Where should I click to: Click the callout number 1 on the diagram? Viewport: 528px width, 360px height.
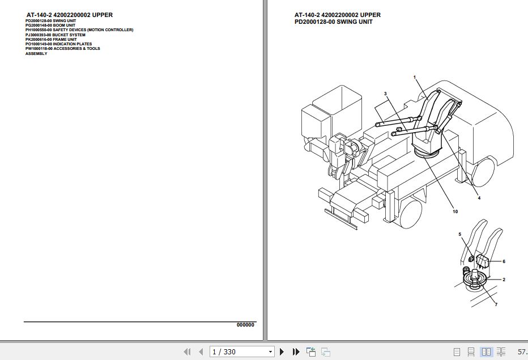[415, 77]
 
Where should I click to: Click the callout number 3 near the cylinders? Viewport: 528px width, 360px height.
[385, 94]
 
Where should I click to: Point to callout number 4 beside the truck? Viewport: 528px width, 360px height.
[479, 198]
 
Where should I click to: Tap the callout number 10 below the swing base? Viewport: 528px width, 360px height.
[455, 212]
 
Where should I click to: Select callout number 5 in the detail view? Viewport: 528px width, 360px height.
[460, 234]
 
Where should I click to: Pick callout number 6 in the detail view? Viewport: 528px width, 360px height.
[504, 261]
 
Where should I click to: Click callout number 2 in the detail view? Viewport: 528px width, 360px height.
[504, 279]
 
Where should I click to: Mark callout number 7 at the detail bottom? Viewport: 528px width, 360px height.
[496, 305]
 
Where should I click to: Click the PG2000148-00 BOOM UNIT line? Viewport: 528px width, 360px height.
[50, 26]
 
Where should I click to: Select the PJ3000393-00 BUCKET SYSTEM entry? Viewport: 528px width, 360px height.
[56, 35]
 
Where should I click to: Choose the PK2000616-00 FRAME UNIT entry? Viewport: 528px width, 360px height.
[51, 39]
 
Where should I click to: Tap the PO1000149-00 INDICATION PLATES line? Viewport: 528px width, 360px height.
[58, 44]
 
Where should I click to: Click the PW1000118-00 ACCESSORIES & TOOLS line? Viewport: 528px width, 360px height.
[62, 49]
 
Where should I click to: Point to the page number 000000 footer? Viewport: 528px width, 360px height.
[245, 325]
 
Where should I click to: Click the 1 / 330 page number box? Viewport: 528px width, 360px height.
[238, 352]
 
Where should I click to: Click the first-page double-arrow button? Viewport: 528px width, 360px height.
[187, 352]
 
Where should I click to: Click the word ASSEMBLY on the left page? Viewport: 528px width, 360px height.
[36, 53]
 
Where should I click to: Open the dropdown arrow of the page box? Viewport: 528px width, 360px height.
[270, 352]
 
